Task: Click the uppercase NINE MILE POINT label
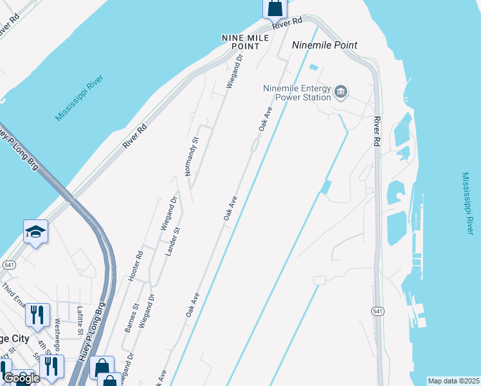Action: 240,42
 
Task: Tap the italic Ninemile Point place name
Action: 324,46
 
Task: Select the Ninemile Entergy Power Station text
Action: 297,93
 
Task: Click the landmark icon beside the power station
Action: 341,93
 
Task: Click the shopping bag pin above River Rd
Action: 275,8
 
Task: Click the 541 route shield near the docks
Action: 377,311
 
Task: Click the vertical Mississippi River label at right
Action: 467,203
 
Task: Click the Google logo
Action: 21,378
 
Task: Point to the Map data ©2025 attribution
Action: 453,381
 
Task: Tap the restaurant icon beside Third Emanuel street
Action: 37,315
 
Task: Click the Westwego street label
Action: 58,330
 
